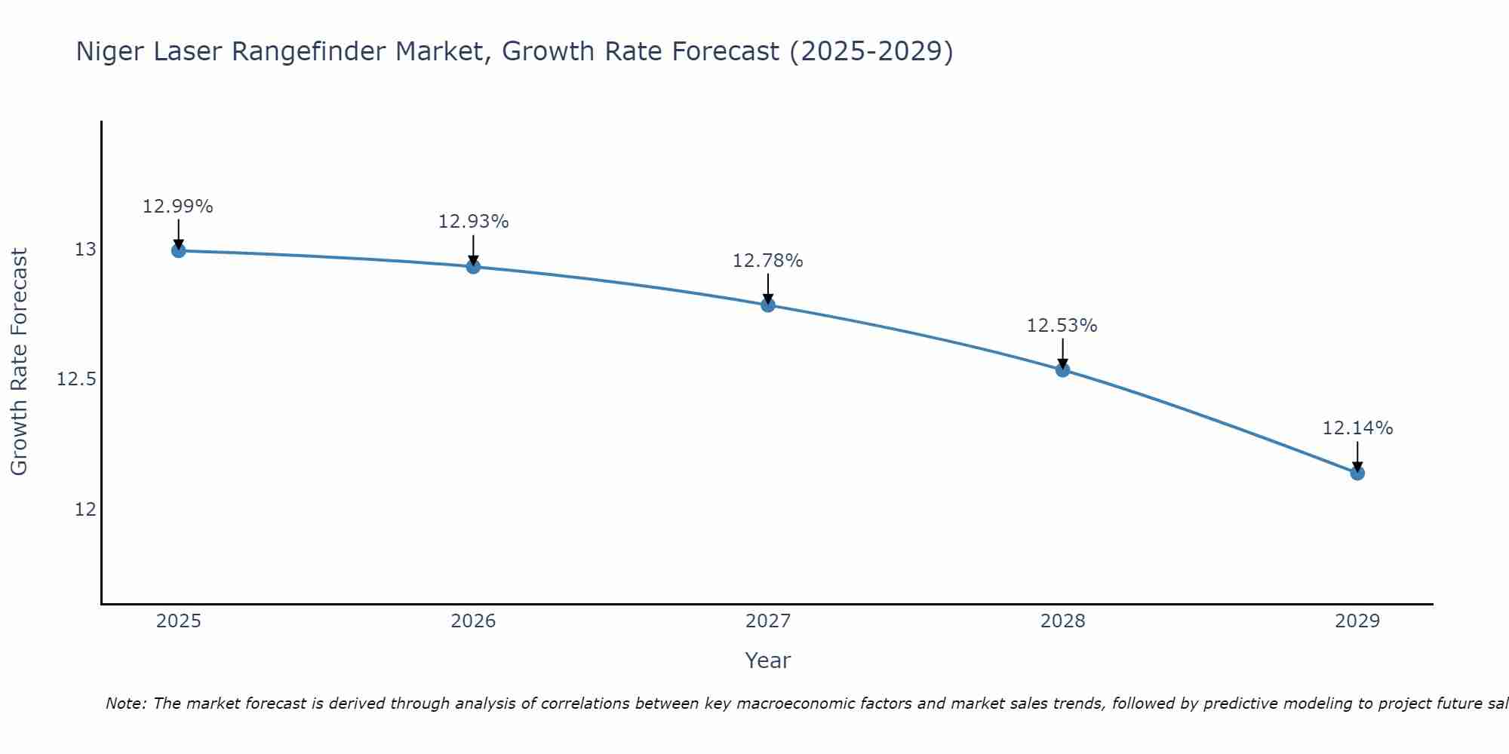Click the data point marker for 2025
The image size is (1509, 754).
(x=179, y=250)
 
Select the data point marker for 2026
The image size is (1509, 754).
(x=473, y=266)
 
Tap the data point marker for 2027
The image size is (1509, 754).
(x=768, y=305)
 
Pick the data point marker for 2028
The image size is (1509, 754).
(x=1062, y=369)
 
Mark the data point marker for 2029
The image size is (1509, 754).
(x=1357, y=473)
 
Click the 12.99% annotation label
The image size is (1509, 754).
(x=178, y=207)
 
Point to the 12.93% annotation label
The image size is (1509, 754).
(x=473, y=222)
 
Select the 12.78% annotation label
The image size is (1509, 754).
(x=767, y=261)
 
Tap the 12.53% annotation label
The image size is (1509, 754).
(x=1062, y=326)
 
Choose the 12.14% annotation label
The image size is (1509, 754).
(x=1357, y=428)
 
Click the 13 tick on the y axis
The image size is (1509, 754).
(x=85, y=250)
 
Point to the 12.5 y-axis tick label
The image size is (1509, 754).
(x=76, y=379)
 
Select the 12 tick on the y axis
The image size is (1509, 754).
(x=85, y=510)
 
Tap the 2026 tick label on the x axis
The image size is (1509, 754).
(x=473, y=621)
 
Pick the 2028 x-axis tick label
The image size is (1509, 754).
(x=1062, y=621)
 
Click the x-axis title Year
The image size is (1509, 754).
(x=767, y=661)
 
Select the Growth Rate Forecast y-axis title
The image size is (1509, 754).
(x=19, y=362)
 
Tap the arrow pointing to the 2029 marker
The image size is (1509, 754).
(x=1357, y=455)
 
